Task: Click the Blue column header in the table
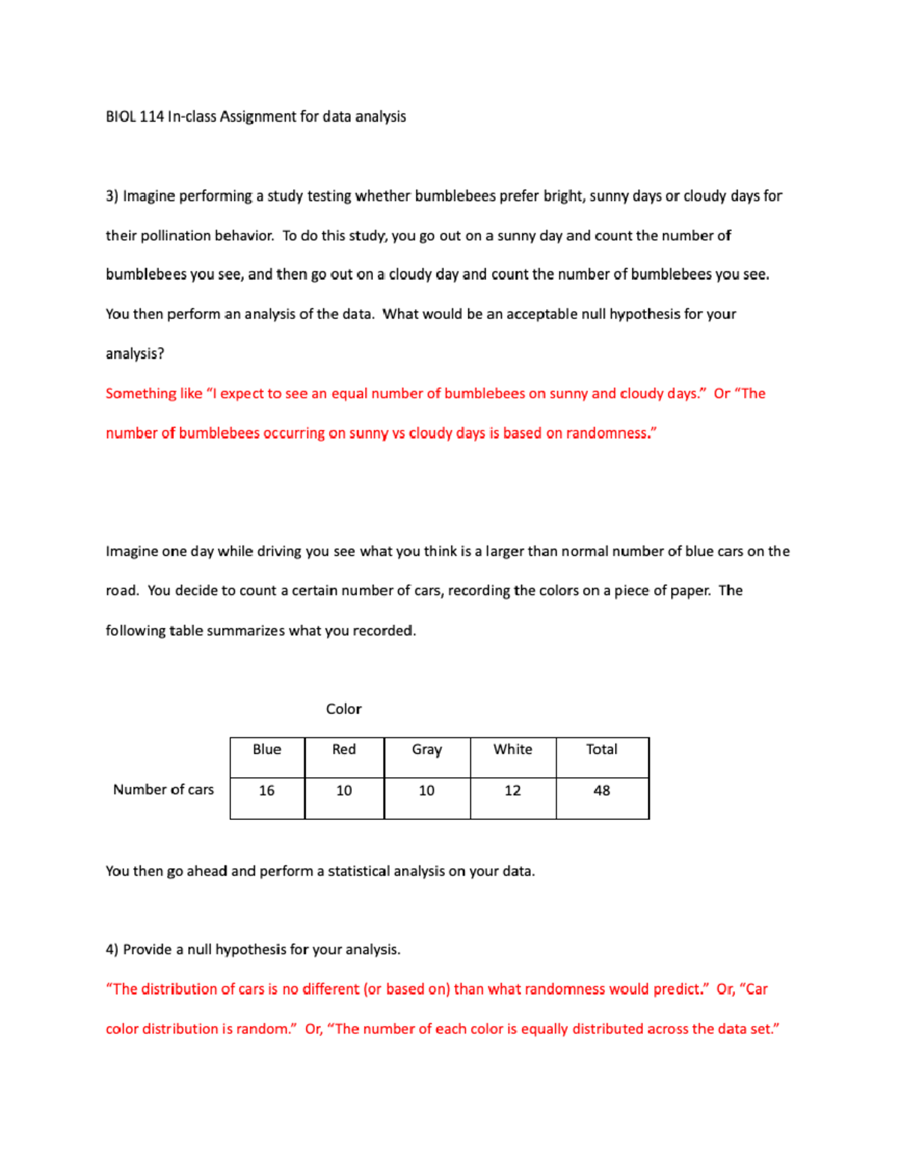[267, 749]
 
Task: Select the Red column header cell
[343, 749]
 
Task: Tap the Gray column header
[427, 749]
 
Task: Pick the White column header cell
[513, 749]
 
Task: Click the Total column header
[601, 749]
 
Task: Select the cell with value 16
[267, 791]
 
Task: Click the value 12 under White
[513, 791]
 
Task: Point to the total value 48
[601, 791]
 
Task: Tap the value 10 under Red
[343, 791]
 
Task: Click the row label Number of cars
[163, 790]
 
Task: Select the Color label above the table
[343, 709]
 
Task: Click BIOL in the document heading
[121, 116]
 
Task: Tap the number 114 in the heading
[152, 116]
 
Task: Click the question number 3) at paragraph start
[112, 197]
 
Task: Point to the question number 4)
[112, 950]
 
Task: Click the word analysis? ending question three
[135, 354]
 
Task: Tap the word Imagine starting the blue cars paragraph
[132, 551]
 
